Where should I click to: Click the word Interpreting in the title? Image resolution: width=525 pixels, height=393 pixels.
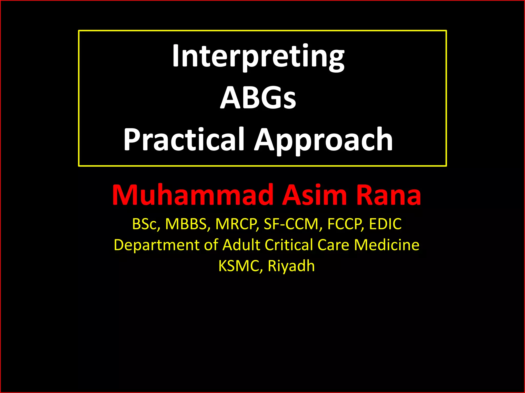(258, 56)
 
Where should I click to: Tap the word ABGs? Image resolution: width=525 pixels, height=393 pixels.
(258, 98)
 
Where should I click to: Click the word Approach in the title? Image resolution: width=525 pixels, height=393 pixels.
(324, 140)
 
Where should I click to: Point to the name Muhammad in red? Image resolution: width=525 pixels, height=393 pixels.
(192, 195)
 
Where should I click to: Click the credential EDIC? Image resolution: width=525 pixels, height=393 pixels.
(385, 224)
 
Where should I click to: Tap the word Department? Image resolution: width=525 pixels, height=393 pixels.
(156, 245)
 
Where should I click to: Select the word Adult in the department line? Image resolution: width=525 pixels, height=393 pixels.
(241, 245)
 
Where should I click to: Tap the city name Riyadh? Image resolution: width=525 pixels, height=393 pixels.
(291, 266)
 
